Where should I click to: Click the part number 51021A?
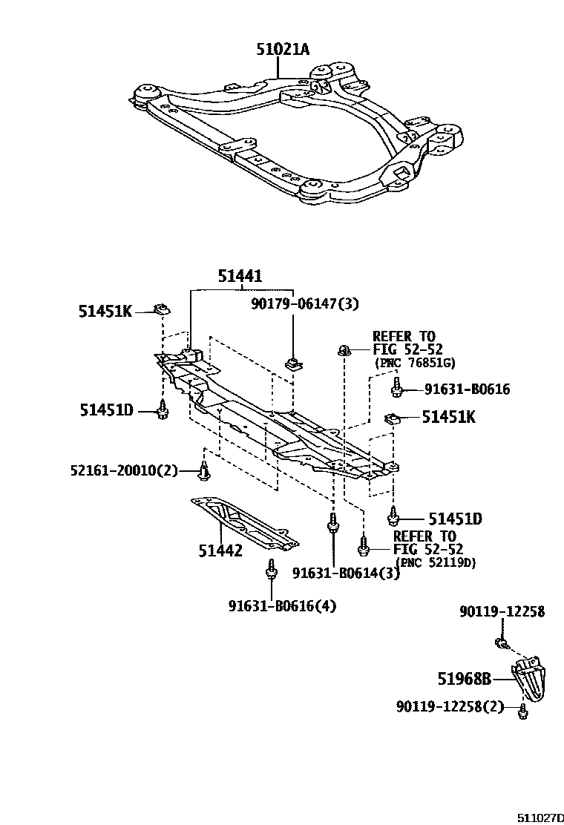pos(283,50)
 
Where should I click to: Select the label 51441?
pos(240,276)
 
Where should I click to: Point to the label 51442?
pos(220,550)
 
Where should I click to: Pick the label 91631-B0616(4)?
pos(282,606)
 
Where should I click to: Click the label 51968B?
pos(465,678)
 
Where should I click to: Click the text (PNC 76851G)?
pos(414,363)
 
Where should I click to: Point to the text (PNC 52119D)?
pos(436,562)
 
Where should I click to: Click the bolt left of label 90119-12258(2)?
pos(522,711)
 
